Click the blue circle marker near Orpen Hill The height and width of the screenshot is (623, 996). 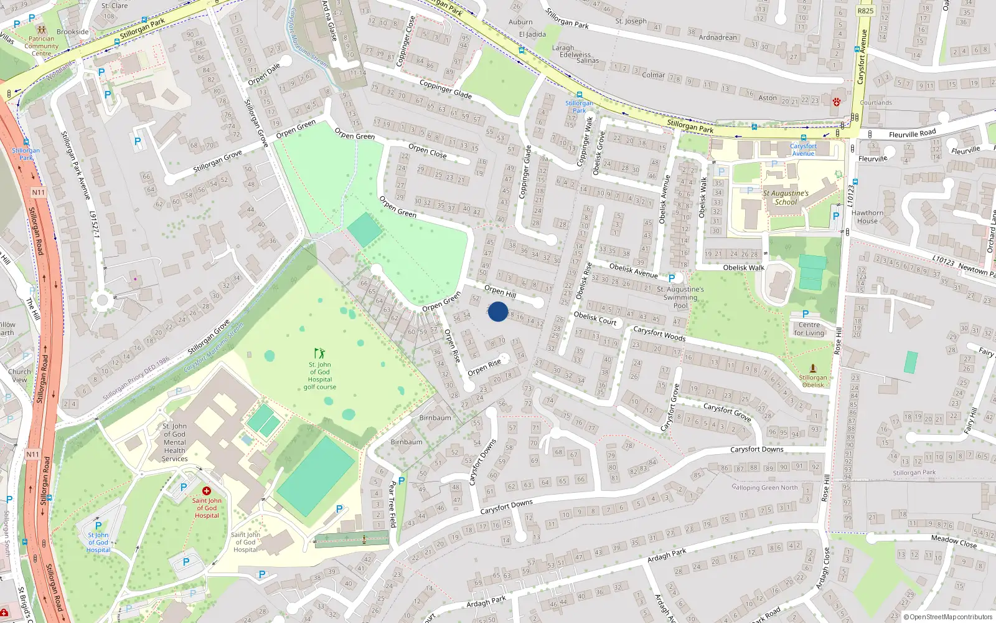point(497,311)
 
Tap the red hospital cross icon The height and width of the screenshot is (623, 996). point(207,491)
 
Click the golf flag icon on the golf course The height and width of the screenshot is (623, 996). point(319,354)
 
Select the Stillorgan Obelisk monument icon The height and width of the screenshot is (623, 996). point(812,368)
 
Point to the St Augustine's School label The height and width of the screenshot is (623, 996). point(786,197)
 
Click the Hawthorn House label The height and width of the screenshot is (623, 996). point(867,217)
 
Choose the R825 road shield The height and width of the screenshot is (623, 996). point(865,11)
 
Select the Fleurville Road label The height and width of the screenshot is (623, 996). point(912,134)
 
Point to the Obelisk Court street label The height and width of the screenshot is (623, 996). point(594,318)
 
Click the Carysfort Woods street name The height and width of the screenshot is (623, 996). point(659,334)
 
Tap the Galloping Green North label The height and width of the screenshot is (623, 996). point(764,488)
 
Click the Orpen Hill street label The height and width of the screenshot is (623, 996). point(500,291)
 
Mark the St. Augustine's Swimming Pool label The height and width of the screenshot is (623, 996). point(680,297)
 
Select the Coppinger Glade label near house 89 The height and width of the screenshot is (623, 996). point(445,89)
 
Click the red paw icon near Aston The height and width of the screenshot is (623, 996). point(836,102)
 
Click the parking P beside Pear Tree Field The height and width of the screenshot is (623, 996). point(402,480)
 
